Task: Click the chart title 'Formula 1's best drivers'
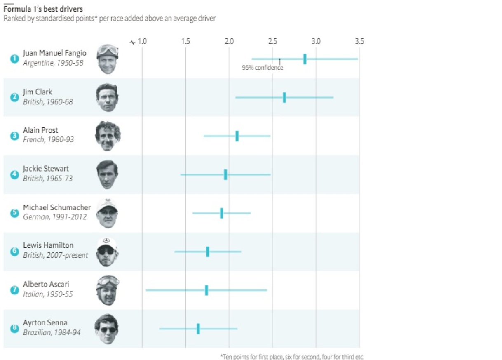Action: pos(42,9)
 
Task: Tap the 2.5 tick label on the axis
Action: pos(272,41)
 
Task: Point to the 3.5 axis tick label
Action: pos(359,41)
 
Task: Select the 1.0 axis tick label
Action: pos(142,41)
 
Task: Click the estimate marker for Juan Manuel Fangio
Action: pos(305,59)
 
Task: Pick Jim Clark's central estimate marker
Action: pos(284,97)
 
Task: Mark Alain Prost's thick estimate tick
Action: pos(237,136)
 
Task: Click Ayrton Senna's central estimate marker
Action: pos(198,329)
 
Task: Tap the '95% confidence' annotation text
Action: pos(263,68)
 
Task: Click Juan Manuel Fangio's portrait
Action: pos(108,59)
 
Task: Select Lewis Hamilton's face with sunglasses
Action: pos(107,252)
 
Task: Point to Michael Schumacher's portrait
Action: pos(107,213)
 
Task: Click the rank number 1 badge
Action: pos(14,59)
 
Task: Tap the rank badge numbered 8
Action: pos(14,329)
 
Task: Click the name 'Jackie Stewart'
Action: pos(46,169)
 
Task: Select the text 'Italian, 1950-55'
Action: pos(48,294)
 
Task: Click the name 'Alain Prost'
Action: pos(40,130)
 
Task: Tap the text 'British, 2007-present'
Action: pos(55,255)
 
